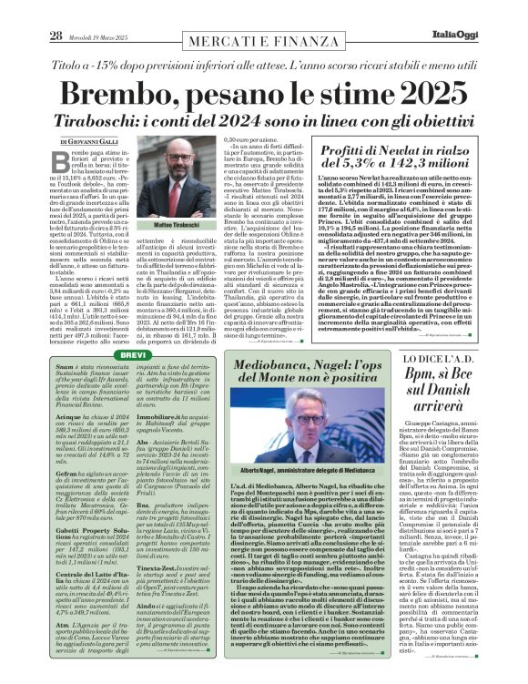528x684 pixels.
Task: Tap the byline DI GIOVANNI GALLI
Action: click(x=88, y=143)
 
